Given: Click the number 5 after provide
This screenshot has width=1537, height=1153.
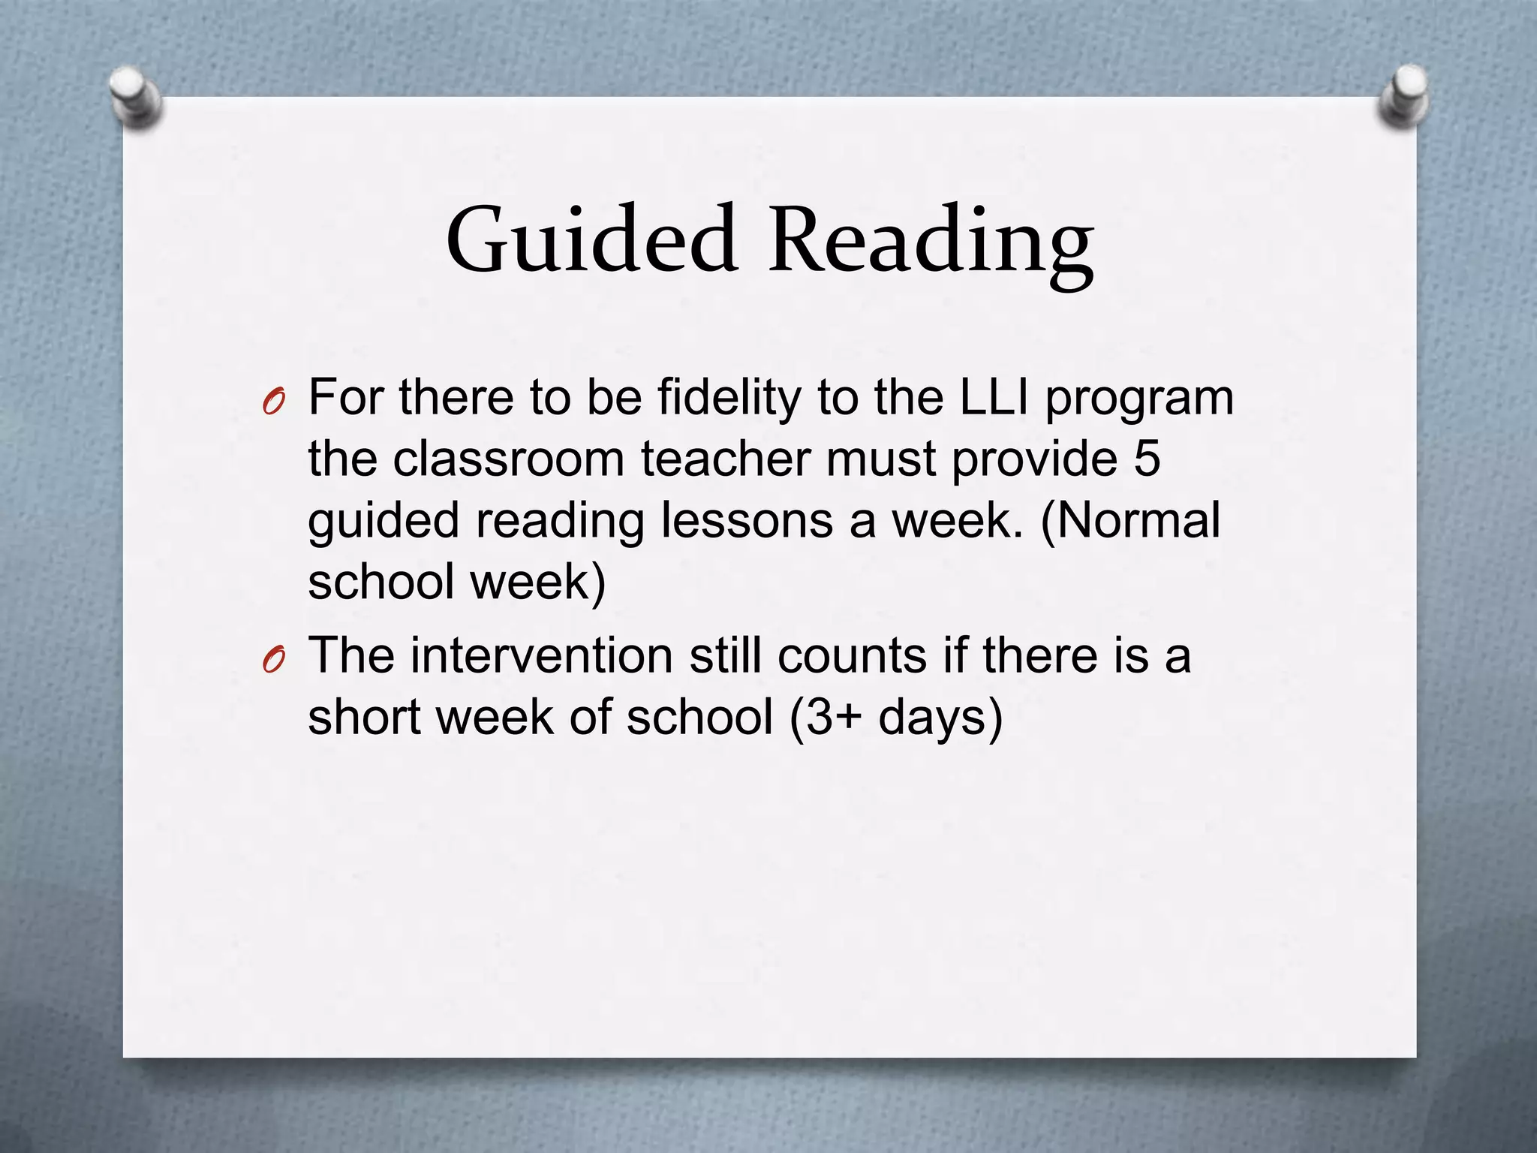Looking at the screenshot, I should pos(1147,459).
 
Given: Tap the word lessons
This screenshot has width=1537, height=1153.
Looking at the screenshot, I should pos(746,520).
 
